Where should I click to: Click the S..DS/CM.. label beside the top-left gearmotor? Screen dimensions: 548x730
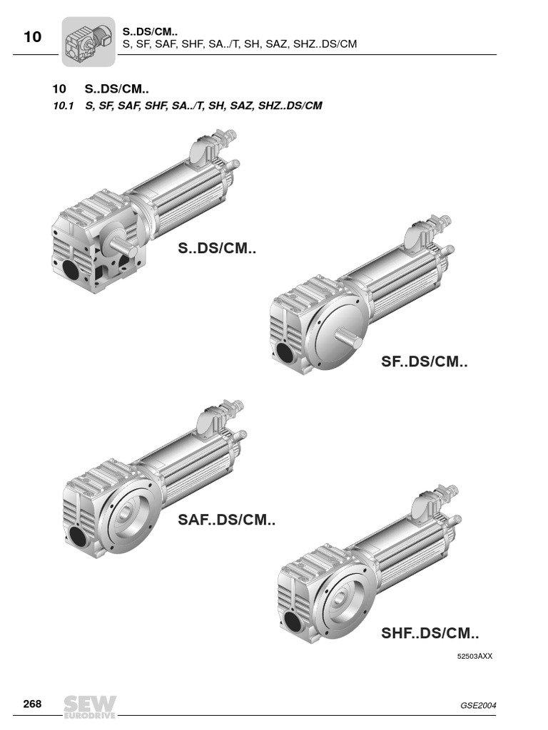[217, 247]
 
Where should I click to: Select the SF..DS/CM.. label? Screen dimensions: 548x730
[424, 361]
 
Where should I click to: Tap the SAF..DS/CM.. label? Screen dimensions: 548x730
[226, 520]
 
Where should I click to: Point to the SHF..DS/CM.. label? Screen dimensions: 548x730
[430, 633]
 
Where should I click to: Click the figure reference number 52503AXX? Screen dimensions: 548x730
[475, 656]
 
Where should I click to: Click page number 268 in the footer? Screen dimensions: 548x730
[32, 704]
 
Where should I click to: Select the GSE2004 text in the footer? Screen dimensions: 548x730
[478, 705]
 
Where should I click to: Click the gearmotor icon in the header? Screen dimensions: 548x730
[88, 42]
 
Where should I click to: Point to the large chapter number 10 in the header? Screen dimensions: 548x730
[32, 36]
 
